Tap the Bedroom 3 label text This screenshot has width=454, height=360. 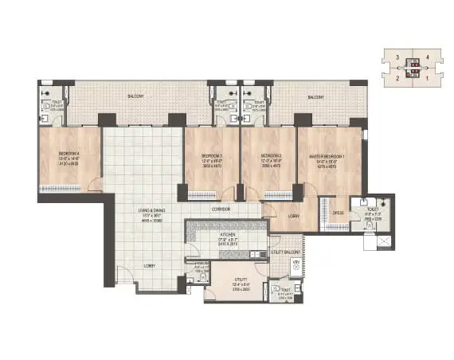212,155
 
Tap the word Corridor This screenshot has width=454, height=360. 221,209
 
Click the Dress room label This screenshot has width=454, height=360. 338,212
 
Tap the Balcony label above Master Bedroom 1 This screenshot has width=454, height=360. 316,96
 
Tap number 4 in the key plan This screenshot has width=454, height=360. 429,57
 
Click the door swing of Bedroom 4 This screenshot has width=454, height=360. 95,185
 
